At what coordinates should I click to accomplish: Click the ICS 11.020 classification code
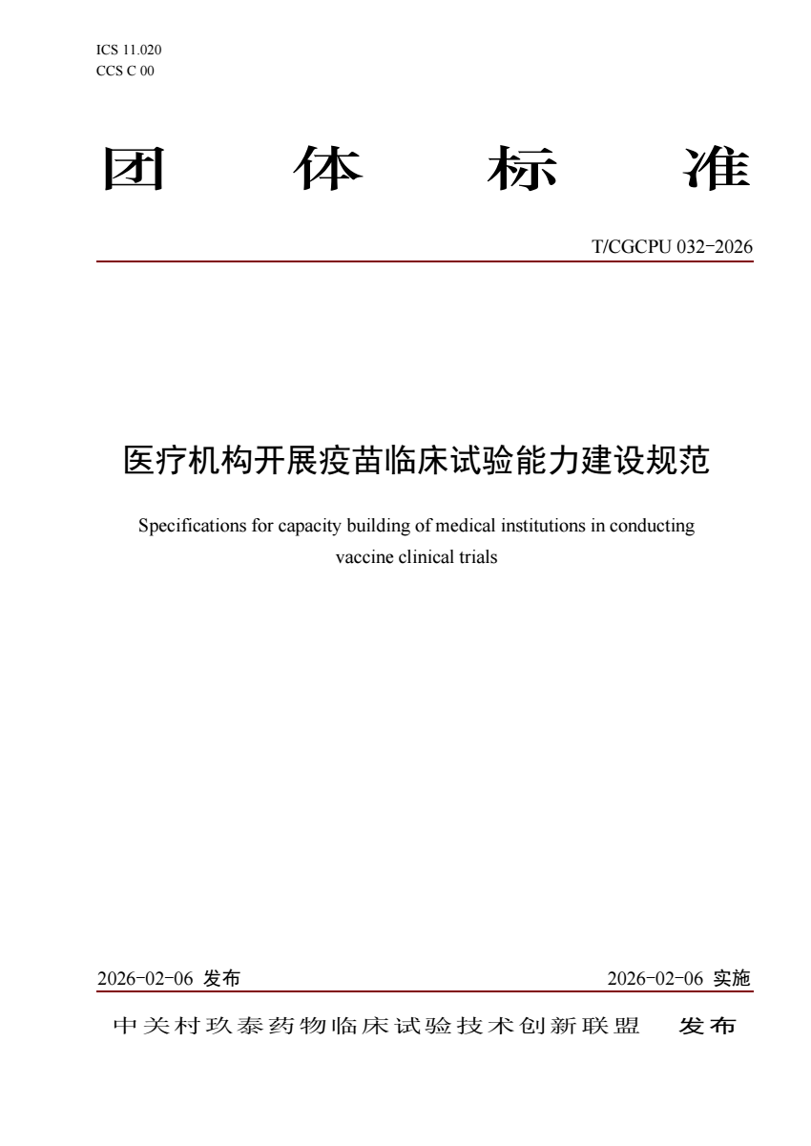point(122,50)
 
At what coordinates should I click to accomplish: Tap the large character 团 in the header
point(133,170)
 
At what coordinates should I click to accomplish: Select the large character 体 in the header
point(327,170)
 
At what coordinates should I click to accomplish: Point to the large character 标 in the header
point(522,170)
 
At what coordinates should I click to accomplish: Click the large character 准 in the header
point(717,170)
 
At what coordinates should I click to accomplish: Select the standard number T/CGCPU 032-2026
point(673,248)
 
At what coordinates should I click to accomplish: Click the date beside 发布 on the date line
point(146,978)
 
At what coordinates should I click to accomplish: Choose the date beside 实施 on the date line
point(655,978)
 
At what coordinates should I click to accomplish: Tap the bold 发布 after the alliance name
point(707,1027)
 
